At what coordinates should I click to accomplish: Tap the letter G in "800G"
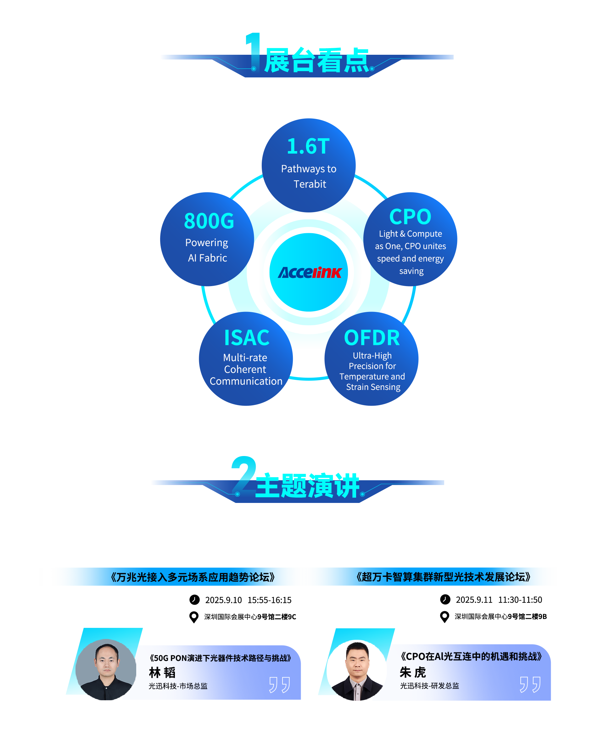tap(227, 221)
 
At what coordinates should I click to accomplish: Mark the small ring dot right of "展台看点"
tap(372, 69)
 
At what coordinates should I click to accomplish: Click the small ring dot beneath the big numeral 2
tap(237, 494)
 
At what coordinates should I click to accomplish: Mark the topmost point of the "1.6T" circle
tap(309, 118)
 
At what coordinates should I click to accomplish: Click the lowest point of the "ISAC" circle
tap(246, 406)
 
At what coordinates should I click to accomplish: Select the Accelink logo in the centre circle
tap(310, 273)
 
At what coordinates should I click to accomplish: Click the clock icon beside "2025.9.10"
tap(194, 600)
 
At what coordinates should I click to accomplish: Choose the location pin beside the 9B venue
tap(445, 617)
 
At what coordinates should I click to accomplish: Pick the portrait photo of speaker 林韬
tap(106, 669)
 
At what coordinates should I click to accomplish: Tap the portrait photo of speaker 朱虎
tap(357, 670)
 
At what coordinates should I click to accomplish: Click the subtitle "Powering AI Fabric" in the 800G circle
tap(207, 250)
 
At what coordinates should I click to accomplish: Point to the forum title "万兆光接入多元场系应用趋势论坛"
tap(193, 577)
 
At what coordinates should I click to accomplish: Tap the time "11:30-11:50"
tap(520, 600)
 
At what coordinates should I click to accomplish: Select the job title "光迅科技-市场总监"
tap(178, 686)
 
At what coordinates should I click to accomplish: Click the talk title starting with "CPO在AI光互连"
tap(472, 656)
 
